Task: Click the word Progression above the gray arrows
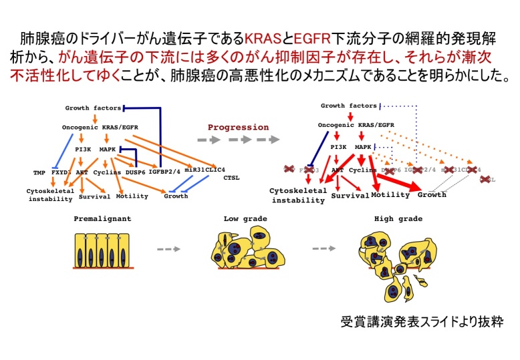[x=238, y=127]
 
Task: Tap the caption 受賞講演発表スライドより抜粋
[x=420, y=322]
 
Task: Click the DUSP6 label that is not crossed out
[x=138, y=172]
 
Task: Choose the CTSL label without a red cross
[x=231, y=178]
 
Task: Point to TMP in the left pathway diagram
[x=39, y=172]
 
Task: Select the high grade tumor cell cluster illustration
[x=396, y=262]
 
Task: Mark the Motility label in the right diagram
[x=390, y=195]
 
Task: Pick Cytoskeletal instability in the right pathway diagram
[x=298, y=195]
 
